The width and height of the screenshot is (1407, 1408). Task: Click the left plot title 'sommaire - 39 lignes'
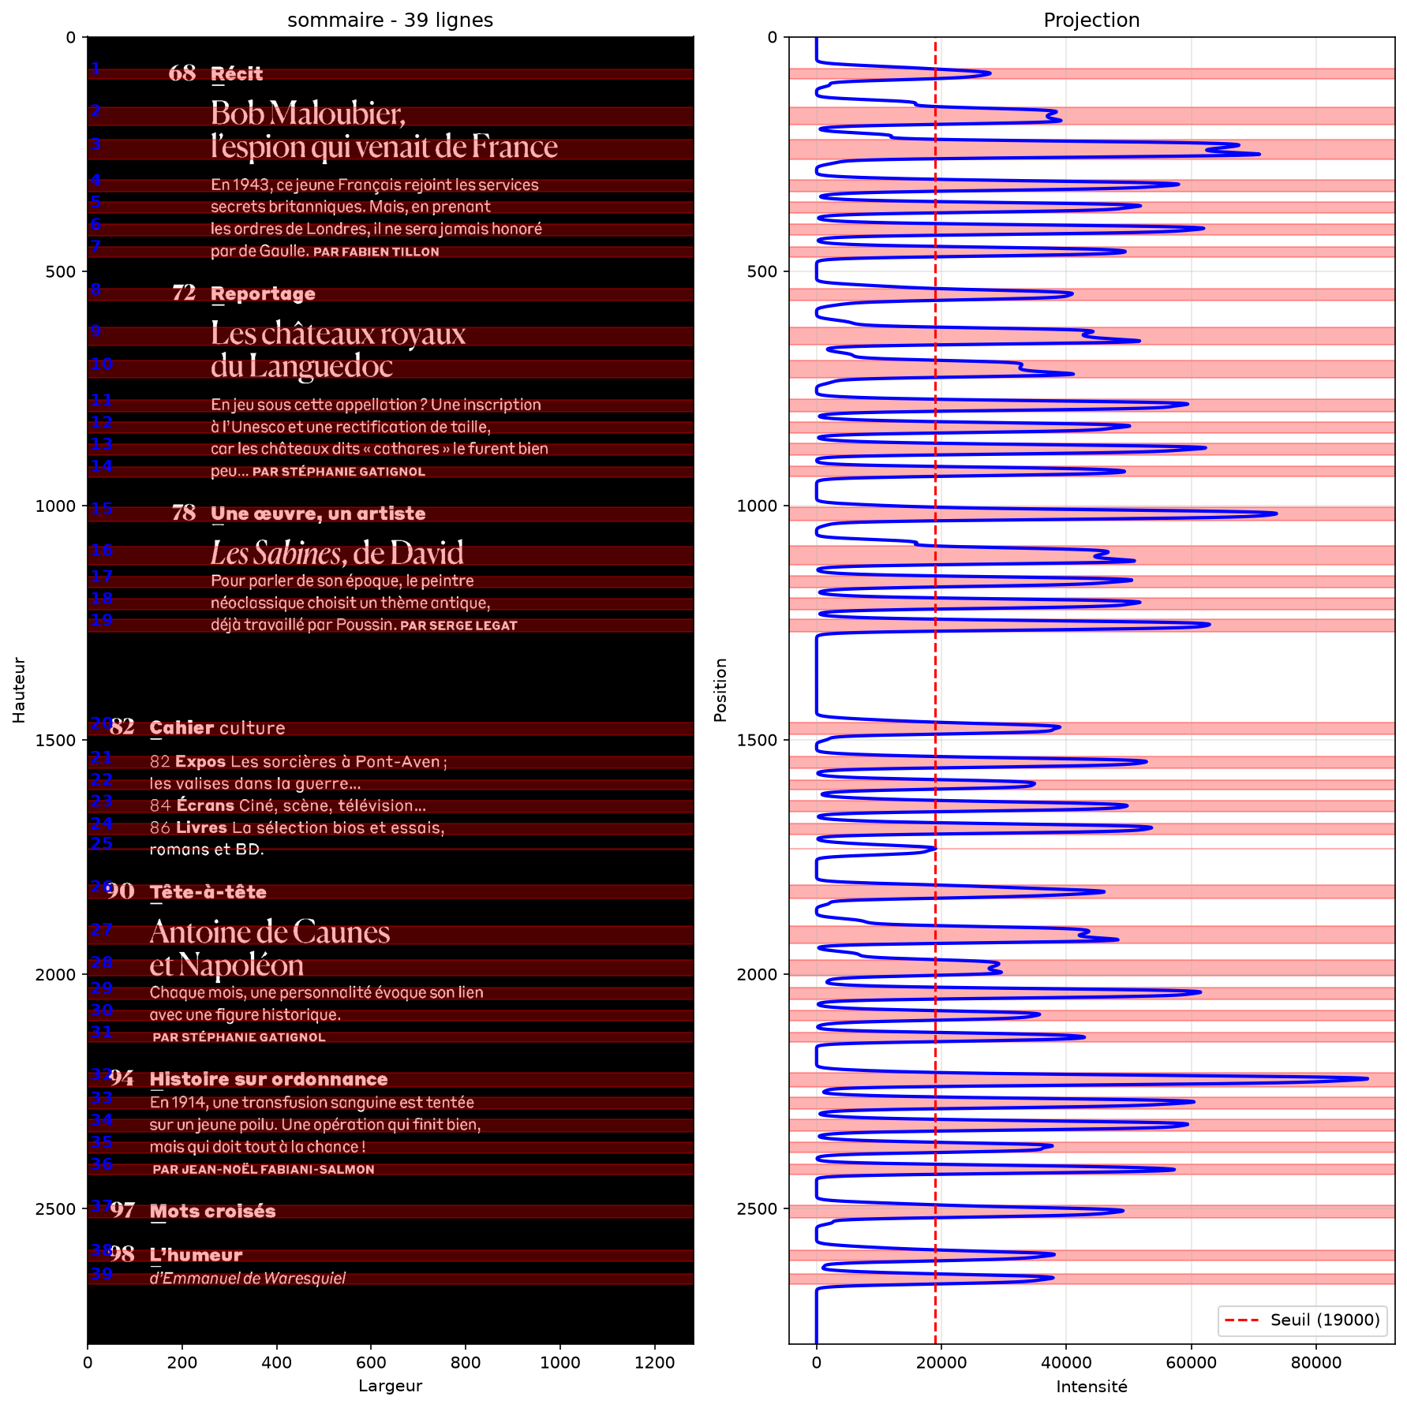[x=390, y=20]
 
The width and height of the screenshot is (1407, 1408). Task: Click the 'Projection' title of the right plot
[x=1091, y=20]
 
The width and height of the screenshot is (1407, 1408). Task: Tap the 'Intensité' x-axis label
[x=1091, y=1386]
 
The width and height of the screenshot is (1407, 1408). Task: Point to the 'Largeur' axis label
[x=390, y=1386]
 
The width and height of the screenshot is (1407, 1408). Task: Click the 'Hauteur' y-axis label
[x=19, y=690]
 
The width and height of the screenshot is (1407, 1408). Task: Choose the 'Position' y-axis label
[x=720, y=690]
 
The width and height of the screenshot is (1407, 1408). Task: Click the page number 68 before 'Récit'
[x=182, y=73]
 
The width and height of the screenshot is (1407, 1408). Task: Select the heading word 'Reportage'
[x=263, y=294]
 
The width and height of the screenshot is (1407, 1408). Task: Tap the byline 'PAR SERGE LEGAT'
[x=458, y=626]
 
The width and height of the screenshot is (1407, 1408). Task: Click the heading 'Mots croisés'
[x=212, y=1211]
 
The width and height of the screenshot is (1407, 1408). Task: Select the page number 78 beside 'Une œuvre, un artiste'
[x=184, y=514]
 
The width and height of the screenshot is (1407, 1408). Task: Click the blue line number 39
[x=101, y=1273]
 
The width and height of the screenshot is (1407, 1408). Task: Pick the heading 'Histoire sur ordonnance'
[x=268, y=1079]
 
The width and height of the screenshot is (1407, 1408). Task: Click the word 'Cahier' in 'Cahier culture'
[x=182, y=728]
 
